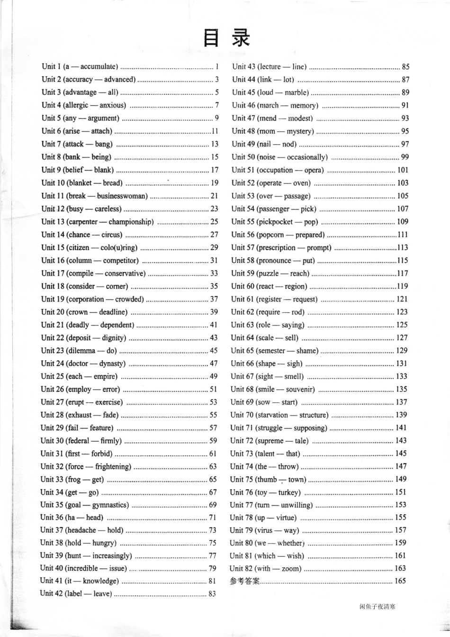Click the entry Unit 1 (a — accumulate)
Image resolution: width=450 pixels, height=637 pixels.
coord(80,67)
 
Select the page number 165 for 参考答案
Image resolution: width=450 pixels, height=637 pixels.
coord(400,581)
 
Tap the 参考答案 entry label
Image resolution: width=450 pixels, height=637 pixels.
coord(244,581)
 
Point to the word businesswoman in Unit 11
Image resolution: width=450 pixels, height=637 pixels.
coord(122,196)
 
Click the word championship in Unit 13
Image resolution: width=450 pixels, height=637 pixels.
coord(131,222)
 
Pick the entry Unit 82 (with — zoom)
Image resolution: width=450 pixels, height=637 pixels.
coord(265,568)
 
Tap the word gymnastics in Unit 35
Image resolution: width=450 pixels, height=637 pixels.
coord(110,505)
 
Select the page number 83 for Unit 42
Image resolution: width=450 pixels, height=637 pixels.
coord(212,593)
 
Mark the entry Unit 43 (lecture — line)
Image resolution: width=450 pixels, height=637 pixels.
coord(269,67)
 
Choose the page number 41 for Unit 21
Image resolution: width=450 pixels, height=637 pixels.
coord(214,325)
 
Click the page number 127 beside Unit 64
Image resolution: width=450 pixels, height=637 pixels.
coord(401,338)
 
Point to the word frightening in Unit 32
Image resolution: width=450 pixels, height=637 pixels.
coord(113,466)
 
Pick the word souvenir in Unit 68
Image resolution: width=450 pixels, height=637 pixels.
coord(300,390)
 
